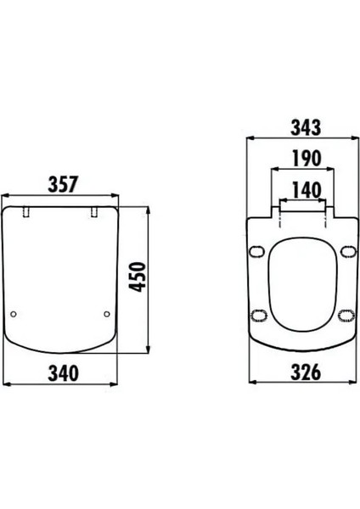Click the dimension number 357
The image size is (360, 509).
pos(63,184)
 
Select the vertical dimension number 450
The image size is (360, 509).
pos(137,277)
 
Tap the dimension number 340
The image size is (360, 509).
pos(64,373)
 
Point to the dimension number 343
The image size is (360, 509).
pos(306,127)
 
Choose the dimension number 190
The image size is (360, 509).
pos(307,159)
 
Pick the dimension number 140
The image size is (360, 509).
pos(307,190)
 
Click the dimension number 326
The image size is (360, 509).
pos(306,372)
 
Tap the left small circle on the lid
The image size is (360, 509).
pos(14,314)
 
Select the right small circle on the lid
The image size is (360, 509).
pos(107,314)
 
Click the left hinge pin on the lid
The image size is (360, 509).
pos(26,211)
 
